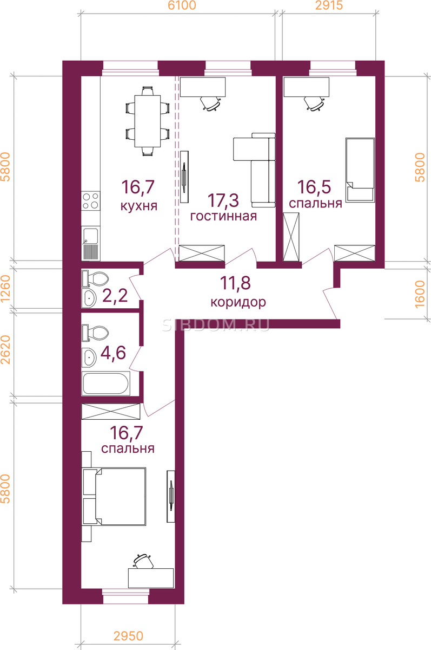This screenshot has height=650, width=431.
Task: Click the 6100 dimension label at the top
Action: (182, 5)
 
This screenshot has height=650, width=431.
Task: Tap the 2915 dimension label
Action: (329, 5)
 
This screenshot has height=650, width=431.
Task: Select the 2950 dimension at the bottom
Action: (128, 636)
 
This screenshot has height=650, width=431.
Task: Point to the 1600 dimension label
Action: (420, 294)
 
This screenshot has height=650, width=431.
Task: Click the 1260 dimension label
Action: (5, 289)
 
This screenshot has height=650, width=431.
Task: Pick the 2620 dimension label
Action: (5, 350)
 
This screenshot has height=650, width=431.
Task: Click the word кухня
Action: (139, 206)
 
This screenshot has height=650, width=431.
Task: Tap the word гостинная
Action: (223, 216)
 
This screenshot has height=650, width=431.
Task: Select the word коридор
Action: (238, 303)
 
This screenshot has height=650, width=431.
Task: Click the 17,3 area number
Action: (223, 200)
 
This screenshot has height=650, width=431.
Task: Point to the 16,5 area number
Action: (314, 187)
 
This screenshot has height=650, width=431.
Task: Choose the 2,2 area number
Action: (115, 296)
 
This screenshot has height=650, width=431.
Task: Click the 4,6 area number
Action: (113, 353)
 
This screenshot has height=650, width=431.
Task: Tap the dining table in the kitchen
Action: (148, 121)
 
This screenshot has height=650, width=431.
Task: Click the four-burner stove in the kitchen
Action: (91, 201)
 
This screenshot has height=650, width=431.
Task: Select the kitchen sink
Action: (91, 243)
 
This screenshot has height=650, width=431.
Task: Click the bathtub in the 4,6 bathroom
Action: (106, 383)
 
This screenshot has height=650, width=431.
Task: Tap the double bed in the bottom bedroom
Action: (114, 496)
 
